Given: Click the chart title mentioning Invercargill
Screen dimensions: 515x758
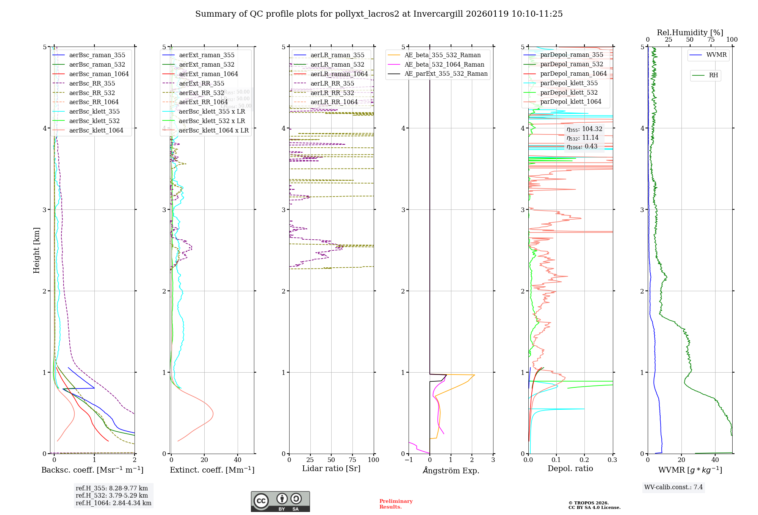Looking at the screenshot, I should click(379, 14).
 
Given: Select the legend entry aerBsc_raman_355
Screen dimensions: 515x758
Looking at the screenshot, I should click(97, 55).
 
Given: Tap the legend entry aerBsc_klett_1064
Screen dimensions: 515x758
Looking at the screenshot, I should click(96, 131).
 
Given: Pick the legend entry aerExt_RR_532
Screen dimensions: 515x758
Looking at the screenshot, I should click(201, 93).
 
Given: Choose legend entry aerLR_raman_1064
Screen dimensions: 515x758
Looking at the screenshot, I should click(339, 74).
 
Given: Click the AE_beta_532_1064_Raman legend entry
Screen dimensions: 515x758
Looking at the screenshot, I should click(444, 65).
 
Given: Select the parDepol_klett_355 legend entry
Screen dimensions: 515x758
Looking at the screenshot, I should click(568, 83).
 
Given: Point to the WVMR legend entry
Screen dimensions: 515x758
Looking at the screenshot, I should click(716, 55).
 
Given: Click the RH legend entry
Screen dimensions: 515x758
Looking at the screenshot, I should click(713, 75).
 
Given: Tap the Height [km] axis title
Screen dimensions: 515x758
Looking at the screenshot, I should click(36, 250).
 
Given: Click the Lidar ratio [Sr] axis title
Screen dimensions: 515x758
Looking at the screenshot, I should click(331, 469).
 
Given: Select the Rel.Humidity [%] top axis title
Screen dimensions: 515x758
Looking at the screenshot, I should click(690, 33).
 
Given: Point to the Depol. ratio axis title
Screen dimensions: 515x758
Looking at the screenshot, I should click(570, 469).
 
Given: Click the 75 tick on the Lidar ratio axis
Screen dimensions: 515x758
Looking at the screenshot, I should click(352, 460).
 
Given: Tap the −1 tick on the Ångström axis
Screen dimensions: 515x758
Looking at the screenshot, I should click(408, 460).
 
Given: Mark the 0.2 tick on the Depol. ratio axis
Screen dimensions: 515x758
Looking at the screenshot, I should click(584, 460).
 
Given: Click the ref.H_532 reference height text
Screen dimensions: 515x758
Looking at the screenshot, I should click(112, 496).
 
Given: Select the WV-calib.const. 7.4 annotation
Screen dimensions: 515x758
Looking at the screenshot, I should click(673, 487).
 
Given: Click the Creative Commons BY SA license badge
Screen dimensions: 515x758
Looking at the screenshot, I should click(280, 502).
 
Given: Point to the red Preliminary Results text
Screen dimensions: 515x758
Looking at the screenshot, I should click(396, 504).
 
